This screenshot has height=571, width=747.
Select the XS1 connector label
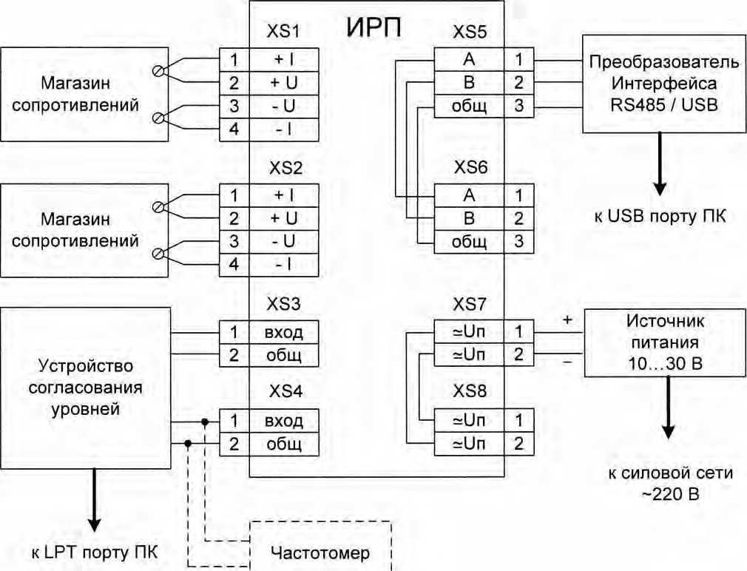pos(284,33)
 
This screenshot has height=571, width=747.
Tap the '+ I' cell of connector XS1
pos(284,58)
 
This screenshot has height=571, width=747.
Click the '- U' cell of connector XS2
pos(284,242)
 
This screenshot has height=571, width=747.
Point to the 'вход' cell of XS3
pos(284,332)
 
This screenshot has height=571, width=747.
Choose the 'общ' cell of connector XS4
pos(284,445)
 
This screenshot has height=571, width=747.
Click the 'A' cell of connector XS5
pos(469,58)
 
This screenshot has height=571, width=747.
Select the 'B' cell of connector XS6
pos(469,219)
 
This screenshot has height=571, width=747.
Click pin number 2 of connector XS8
pos(519,445)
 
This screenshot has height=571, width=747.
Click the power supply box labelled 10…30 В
pos(663,342)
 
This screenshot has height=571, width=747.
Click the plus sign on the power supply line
pos(567,320)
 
